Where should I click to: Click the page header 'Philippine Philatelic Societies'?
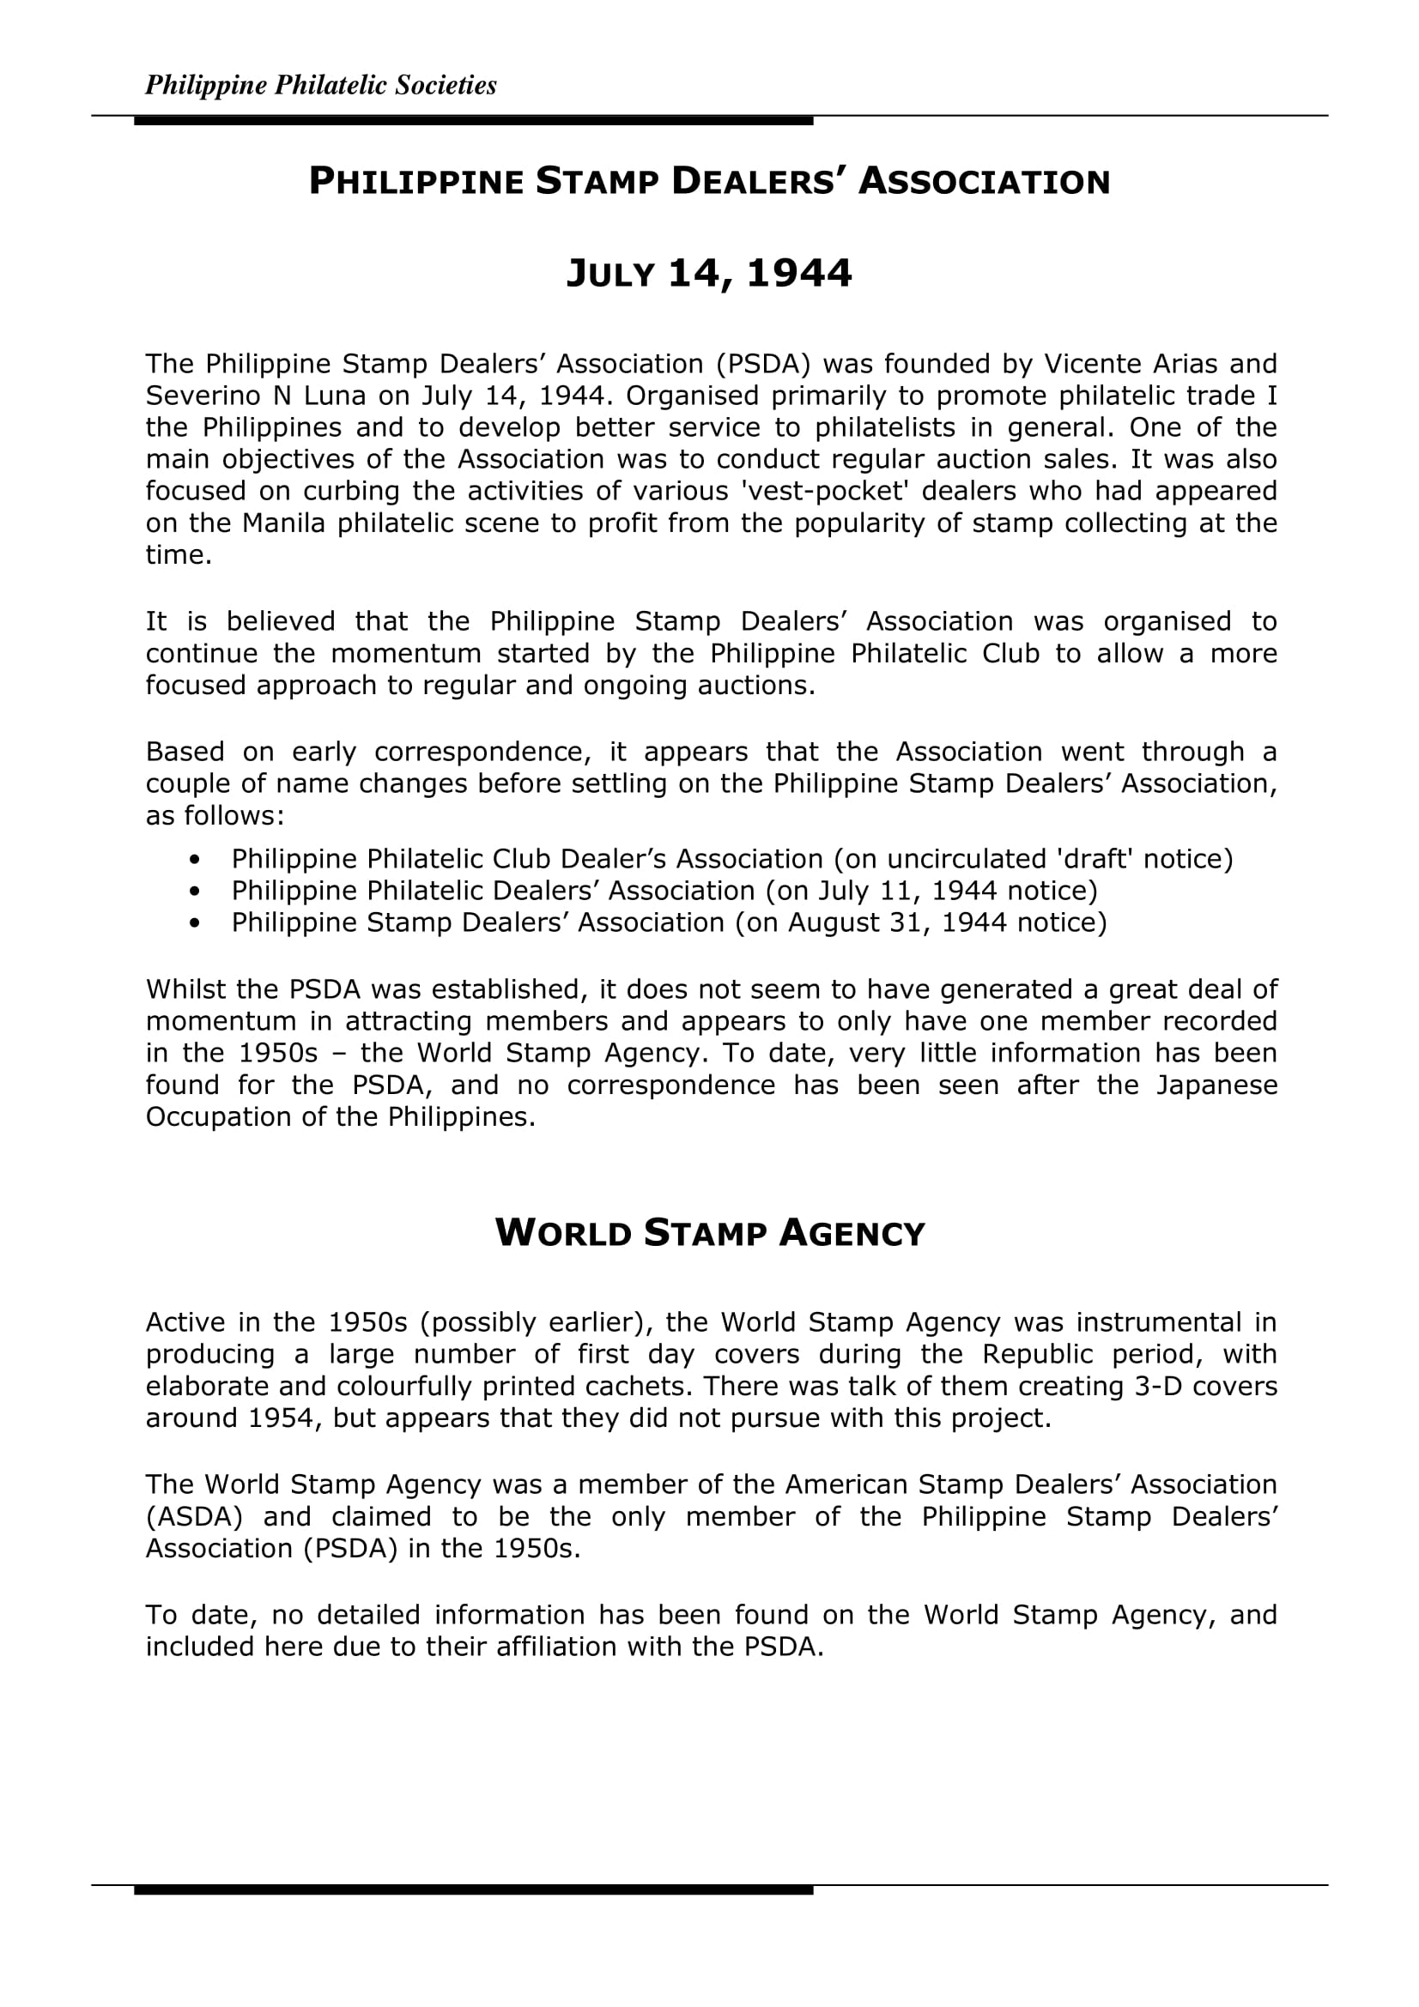(x=320, y=85)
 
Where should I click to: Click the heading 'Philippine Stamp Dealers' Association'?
(x=709, y=182)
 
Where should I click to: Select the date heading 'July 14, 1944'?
(x=709, y=274)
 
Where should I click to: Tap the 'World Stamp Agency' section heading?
(x=709, y=1233)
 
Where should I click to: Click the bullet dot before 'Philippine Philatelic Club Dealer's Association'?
(x=194, y=859)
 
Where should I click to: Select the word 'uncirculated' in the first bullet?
(x=954, y=859)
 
